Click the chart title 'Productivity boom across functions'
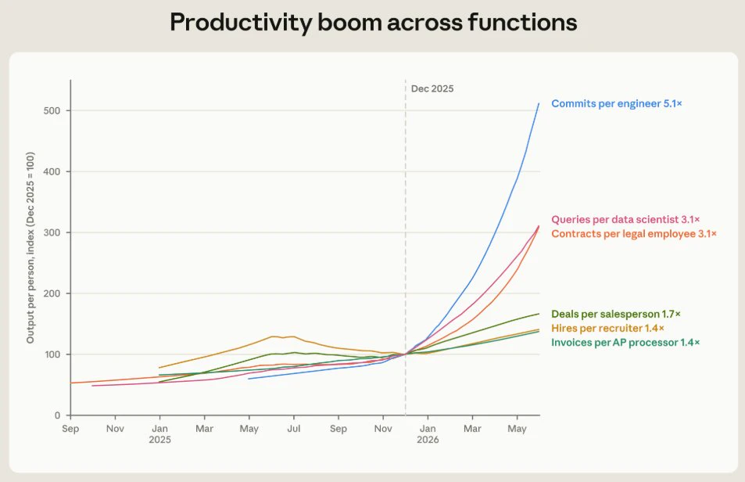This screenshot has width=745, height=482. pos(374,23)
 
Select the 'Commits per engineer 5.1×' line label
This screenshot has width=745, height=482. pos(616,103)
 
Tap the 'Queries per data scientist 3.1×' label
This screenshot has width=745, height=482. pos(625,220)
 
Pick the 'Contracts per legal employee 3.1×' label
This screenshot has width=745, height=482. pos(634,234)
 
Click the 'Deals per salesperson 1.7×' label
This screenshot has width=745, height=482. pos(616,315)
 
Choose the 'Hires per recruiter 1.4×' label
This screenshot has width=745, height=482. pos(607,329)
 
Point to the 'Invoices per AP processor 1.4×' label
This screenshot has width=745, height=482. pos(625,343)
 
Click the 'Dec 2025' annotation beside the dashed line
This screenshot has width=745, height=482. pos(432,89)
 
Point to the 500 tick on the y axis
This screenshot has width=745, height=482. pos(52,111)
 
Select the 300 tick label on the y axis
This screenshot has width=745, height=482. pos(52,232)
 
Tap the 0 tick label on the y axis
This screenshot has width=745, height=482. pos(58,415)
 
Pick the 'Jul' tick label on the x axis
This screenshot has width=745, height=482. pos(294,429)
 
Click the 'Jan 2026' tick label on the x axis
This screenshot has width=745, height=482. pos(428,434)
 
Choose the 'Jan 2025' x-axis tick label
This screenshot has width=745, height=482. pos(159,434)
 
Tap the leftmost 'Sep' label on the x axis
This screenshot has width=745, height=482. pos(70,430)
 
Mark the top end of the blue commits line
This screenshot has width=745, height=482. pos(539,103)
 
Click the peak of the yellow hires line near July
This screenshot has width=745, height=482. pos(273,336)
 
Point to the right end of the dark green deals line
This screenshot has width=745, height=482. pos(539,314)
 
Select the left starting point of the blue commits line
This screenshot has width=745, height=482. pos(249,379)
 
